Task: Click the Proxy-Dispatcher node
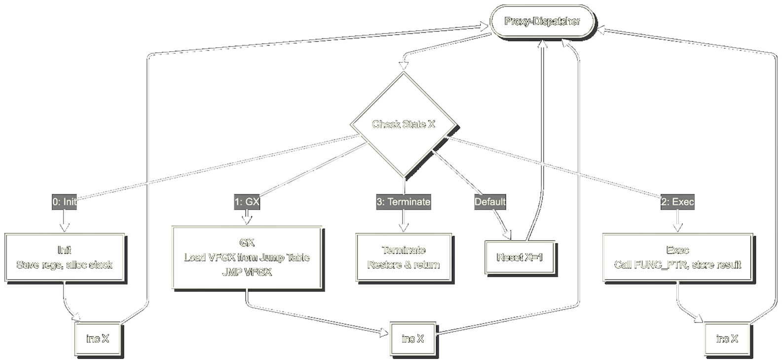coord(542,22)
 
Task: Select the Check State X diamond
coord(403,124)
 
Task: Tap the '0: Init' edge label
coord(65,202)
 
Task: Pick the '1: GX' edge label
coord(247,202)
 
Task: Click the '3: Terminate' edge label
coord(403,202)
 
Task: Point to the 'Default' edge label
coord(490,202)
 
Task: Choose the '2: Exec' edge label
coord(677,202)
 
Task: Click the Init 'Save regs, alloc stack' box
coord(65,257)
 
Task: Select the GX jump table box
coord(247,257)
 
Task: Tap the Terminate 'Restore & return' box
coord(403,257)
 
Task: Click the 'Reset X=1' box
coord(520,257)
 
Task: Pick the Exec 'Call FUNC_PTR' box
coord(677,257)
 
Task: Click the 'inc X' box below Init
coord(98,339)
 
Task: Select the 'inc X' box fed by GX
coord(412,339)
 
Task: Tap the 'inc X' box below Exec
coord(727,339)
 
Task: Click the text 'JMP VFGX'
coord(247,272)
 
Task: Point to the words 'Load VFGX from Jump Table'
coord(247,257)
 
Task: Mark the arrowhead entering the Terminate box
coord(403,228)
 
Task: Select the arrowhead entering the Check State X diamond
coord(404,66)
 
